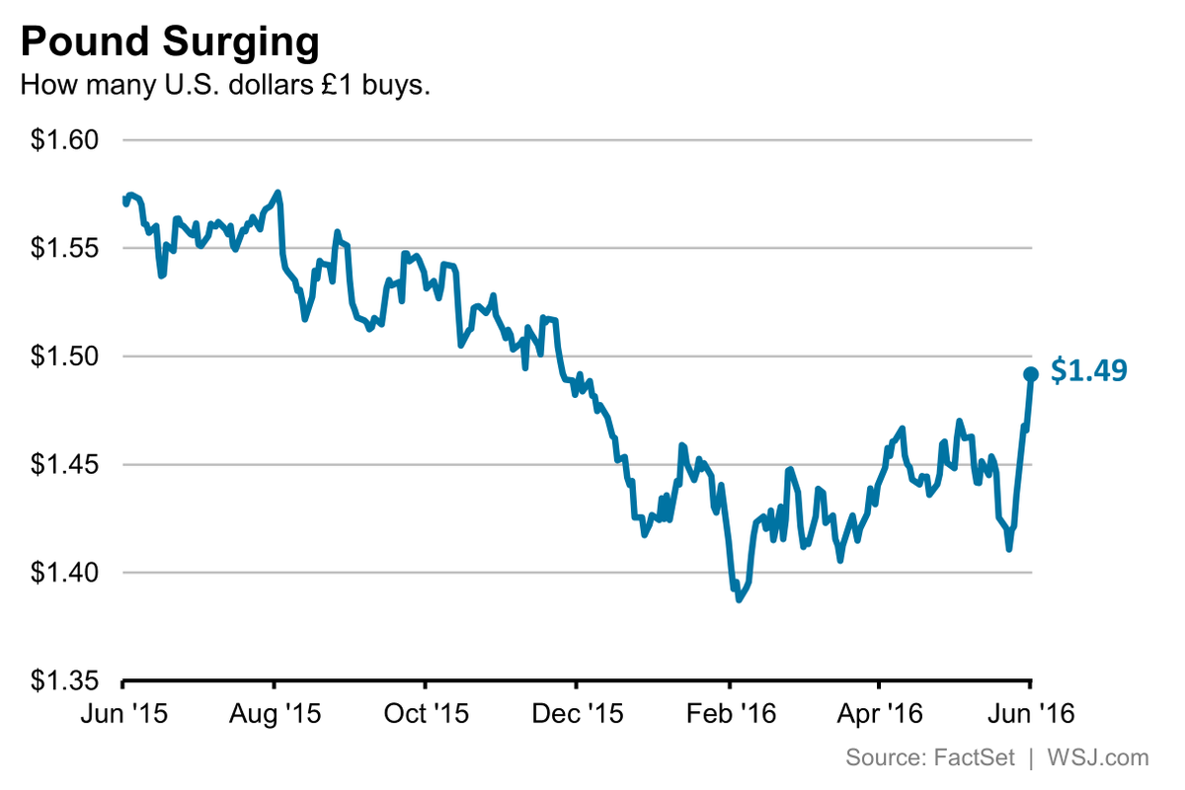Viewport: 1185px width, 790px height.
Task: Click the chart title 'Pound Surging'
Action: (170, 42)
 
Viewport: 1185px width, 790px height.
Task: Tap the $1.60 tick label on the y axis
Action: (65, 140)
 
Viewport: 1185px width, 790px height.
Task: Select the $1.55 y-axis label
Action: (65, 248)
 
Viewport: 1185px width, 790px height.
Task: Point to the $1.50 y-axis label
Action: (65, 356)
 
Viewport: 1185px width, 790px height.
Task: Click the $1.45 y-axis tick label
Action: (65, 464)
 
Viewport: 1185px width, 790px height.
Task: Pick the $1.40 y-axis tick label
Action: (65, 573)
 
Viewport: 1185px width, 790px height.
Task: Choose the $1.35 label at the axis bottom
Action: (65, 681)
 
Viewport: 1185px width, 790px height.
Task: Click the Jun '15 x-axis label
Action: (122, 712)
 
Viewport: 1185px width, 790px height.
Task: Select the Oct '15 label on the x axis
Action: (425, 712)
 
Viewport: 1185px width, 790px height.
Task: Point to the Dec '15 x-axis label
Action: (577, 712)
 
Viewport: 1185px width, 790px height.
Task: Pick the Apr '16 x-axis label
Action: (879, 712)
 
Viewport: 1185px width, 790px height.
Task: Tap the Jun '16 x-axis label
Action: (1030, 712)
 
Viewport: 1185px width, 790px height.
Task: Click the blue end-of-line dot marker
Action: (1030, 374)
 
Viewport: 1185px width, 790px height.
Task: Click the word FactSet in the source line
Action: (968, 758)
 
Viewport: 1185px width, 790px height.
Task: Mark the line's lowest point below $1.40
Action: (739, 598)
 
